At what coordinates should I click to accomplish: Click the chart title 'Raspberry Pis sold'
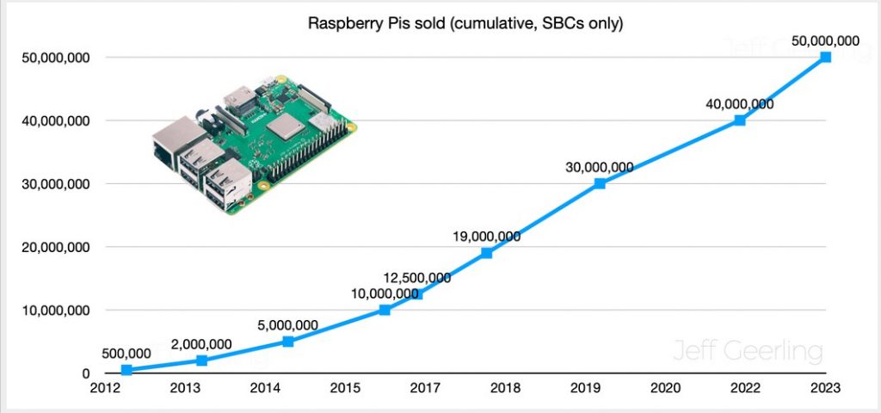click(x=465, y=23)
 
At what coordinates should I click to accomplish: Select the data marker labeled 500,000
click(x=126, y=370)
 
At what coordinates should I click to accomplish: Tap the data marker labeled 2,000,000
click(x=201, y=361)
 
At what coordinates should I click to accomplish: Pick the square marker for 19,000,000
click(x=486, y=253)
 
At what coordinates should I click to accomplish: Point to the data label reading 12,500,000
click(x=417, y=277)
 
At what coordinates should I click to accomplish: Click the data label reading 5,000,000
click(x=287, y=326)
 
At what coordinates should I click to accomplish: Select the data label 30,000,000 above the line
click(x=599, y=167)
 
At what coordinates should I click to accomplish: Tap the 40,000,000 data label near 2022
click(x=738, y=104)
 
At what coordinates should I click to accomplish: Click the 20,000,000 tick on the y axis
click(x=55, y=247)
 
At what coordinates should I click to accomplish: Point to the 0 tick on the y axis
click(x=86, y=373)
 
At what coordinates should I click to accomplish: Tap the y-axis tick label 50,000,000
click(x=55, y=58)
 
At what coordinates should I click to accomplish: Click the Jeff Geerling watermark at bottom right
click(x=746, y=352)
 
